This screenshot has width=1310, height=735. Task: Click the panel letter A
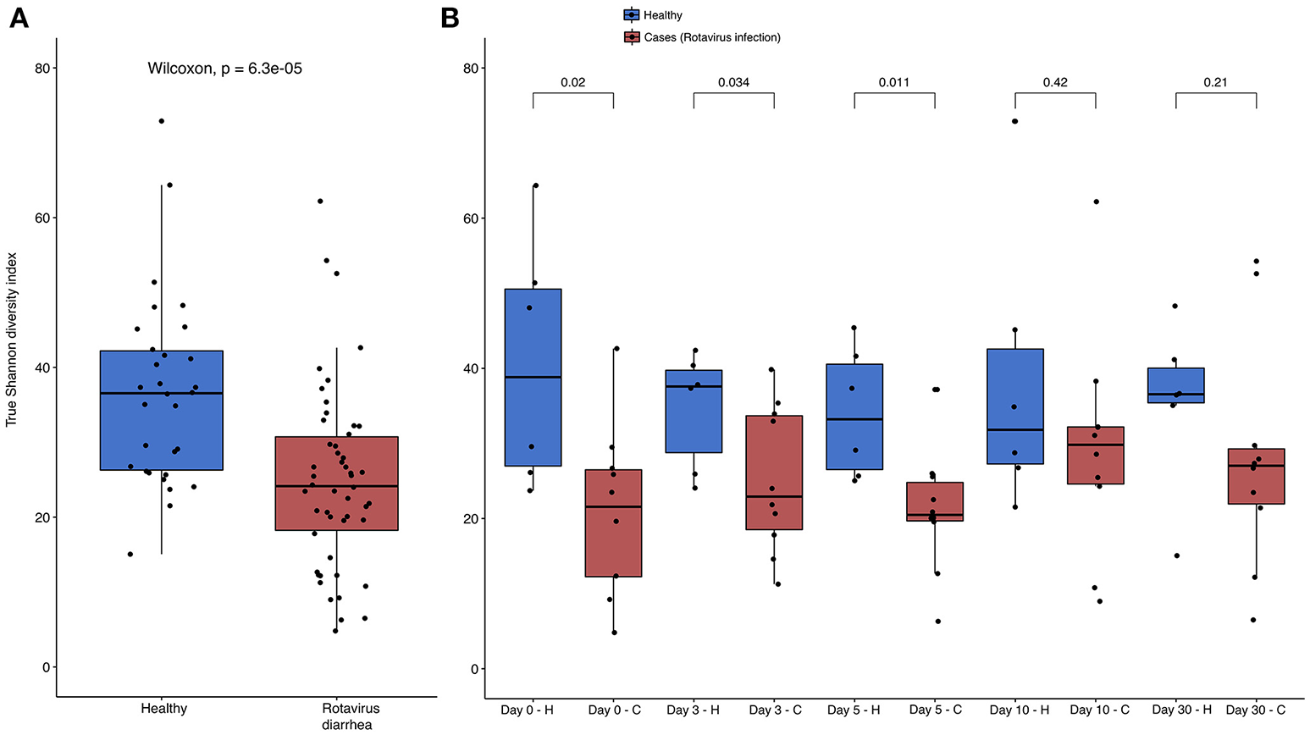pyautogui.click(x=18, y=17)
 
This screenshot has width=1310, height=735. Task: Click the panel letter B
pyautogui.click(x=450, y=17)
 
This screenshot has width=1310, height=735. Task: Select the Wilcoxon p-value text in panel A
pyautogui.click(x=224, y=69)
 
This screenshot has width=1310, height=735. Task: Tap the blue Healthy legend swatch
pyautogui.click(x=632, y=14)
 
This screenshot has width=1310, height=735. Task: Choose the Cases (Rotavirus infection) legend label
pyautogui.click(x=711, y=37)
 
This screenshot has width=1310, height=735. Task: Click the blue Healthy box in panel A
pyautogui.click(x=161, y=410)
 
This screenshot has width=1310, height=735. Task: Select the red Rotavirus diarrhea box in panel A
pyautogui.click(x=336, y=484)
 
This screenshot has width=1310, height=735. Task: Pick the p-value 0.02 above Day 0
pyautogui.click(x=572, y=82)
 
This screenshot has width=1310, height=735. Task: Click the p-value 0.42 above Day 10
pyautogui.click(x=1055, y=82)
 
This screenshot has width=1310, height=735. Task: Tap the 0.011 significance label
pyautogui.click(x=894, y=82)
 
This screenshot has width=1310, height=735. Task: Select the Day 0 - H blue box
pyautogui.click(x=533, y=378)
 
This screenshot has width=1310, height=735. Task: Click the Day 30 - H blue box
pyautogui.click(x=1175, y=385)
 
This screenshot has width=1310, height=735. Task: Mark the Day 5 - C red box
pyautogui.click(x=934, y=501)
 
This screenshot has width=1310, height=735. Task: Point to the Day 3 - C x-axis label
pyautogui.click(x=774, y=710)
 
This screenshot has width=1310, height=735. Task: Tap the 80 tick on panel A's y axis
pyautogui.click(x=40, y=68)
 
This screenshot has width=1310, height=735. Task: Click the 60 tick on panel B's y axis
pyautogui.click(x=472, y=218)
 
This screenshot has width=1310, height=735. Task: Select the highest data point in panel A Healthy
pyautogui.click(x=161, y=121)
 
